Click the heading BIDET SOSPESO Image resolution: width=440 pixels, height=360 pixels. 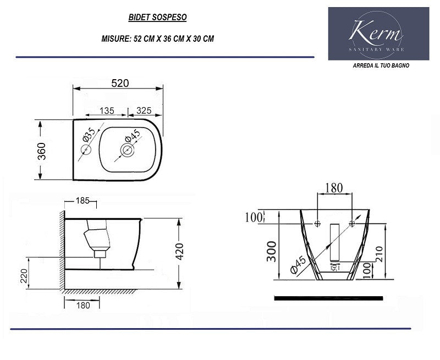(x=157, y=18)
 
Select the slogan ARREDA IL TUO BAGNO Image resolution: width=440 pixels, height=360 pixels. (x=381, y=65)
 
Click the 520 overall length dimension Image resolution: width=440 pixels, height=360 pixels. (x=120, y=83)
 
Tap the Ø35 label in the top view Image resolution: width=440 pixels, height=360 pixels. (x=90, y=133)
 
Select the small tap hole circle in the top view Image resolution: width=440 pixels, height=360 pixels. (x=86, y=150)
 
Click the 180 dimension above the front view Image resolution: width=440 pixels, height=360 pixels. (x=334, y=188)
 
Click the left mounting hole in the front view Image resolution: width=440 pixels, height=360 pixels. (x=317, y=224)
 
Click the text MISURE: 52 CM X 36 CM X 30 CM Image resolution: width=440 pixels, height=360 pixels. (x=157, y=39)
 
